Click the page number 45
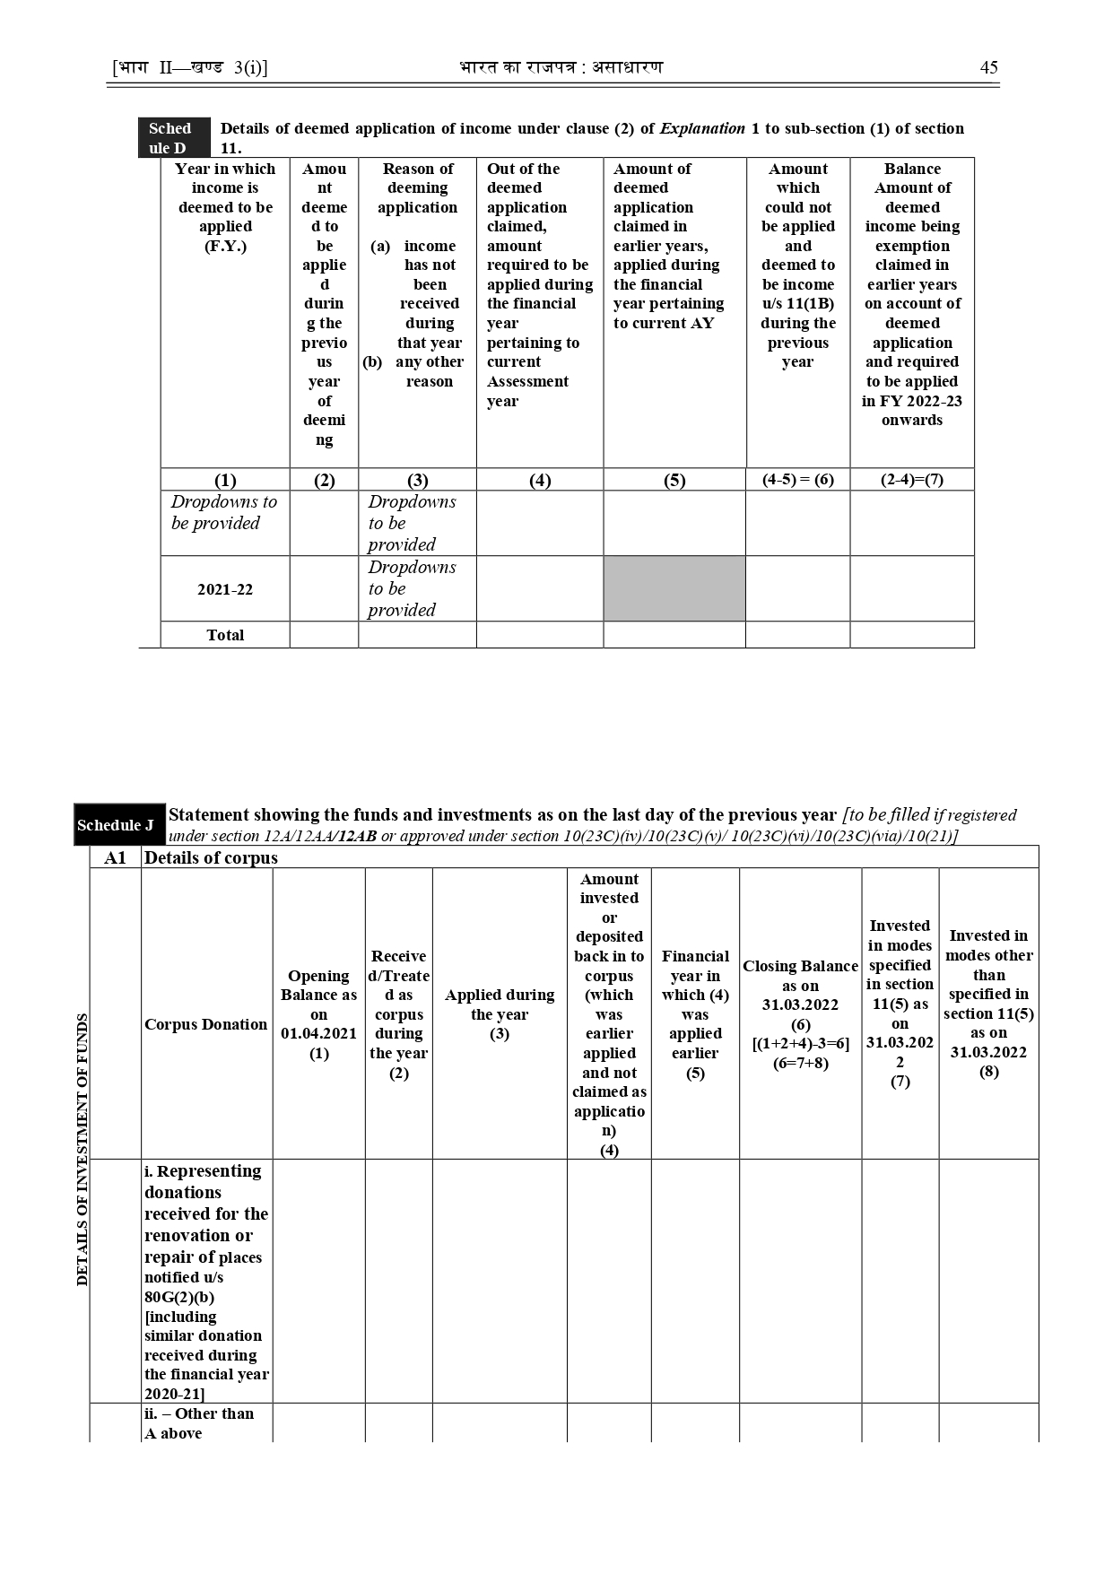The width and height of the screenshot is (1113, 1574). pyautogui.click(x=988, y=68)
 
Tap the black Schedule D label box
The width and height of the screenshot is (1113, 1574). pyautogui.click(x=174, y=138)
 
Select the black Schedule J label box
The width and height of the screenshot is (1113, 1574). pyautogui.click(x=119, y=825)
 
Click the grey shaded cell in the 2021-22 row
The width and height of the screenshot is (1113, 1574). pyautogui.click(x=674, y=589)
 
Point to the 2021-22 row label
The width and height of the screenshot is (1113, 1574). pyautogui.click(x=225, y=590)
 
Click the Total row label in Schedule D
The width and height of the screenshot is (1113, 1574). pyautogui.click(x=225, y=635)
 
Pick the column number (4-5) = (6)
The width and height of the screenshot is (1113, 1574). pyautogui.click(x=798, y=479)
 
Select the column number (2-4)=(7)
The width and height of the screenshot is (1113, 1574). pyautogui.click(x=912, y=479)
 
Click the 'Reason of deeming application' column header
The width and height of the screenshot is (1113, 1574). pyautogui.click(x=418, y=187)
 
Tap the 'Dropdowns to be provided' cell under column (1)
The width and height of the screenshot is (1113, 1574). pyautogui.click(x=224, y=513)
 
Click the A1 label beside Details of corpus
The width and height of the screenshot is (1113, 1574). pyautogui.click(x=116, y=858)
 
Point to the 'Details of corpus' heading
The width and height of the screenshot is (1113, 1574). pyautogui.click(x=212, y=858)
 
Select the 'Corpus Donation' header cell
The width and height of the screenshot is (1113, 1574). pyautogui.click(x=206, y=1024)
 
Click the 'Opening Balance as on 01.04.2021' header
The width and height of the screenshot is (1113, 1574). pyautogui.click(x=318, y=1014)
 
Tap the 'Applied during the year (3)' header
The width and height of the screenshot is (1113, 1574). pyautogui.click(x=500, y=1014)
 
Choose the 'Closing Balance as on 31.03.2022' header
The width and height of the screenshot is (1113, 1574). pyautogui.click(x=800, y=1014)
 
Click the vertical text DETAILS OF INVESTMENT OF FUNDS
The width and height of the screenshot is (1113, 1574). pyautogui.click(x=83, y=1150)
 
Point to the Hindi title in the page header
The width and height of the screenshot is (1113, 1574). pyautogui.click(x=561, y=68)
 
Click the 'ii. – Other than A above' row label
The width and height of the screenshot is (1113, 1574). pyautogui.click(x=199, y=1422)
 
